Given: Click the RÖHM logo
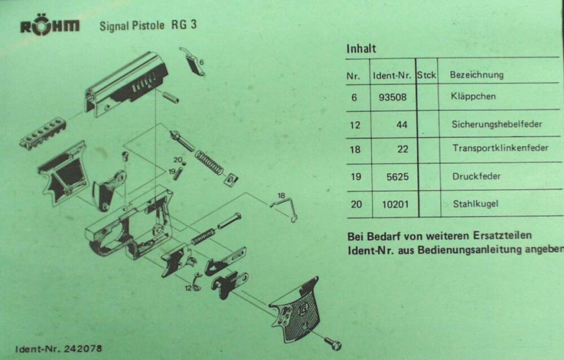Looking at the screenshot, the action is (50, 26).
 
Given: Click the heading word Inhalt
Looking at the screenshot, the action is (361, 49).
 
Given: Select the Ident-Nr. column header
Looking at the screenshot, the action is (392, 76).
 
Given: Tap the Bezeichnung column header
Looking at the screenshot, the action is (477, 75).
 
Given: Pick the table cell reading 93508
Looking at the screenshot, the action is (393, 97).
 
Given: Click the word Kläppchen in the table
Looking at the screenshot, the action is (473, 96).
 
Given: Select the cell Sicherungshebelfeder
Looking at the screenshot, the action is (497, 124).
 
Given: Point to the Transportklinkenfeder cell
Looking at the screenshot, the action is (500, 148).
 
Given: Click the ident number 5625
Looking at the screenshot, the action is (398, 177).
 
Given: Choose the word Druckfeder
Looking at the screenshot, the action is (477, 177).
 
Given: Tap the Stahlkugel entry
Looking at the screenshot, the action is (475, 204).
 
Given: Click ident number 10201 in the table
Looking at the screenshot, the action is (395, 204).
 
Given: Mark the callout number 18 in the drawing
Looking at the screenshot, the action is (281, 195).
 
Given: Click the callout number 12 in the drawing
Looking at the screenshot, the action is (189, 288).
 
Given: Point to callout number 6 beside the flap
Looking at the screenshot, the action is (201, 62).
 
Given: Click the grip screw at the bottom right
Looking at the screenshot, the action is (333, 343).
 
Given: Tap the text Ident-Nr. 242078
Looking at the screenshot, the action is (59, 349).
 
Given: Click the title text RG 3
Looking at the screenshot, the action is (184, 25).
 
